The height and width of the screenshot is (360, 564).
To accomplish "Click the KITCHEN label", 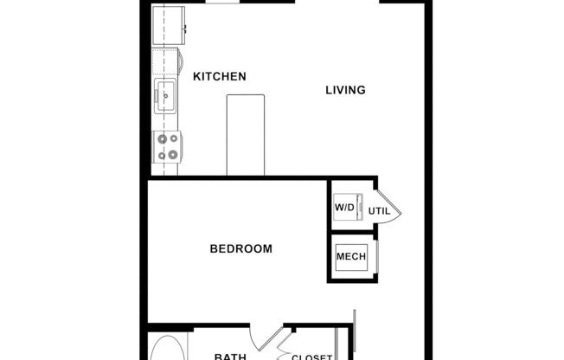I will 219,76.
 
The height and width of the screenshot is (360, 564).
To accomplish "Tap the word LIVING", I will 345,90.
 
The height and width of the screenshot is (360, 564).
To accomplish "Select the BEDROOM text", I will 240,249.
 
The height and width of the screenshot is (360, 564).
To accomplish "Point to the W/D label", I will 344,209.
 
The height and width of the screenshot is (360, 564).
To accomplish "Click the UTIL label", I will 379,211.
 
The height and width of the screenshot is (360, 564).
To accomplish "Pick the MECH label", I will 350,257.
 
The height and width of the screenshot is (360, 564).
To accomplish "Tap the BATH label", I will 230,355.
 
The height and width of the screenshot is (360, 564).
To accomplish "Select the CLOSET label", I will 311,356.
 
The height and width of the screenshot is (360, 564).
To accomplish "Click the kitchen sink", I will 165,96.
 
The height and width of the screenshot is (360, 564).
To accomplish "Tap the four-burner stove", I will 166,146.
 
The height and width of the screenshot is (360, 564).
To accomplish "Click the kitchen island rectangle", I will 245,135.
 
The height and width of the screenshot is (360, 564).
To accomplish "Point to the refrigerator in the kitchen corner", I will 166,22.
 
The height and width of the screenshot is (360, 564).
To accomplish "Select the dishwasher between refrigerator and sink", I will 166,62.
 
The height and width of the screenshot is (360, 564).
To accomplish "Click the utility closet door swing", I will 391,209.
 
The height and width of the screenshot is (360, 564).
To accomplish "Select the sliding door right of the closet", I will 353,333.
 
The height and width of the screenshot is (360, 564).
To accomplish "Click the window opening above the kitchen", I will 223,3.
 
